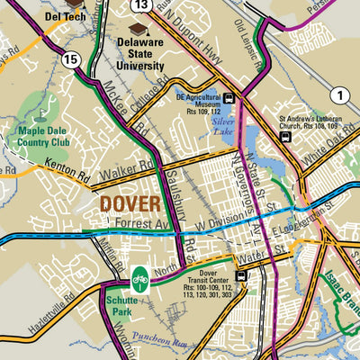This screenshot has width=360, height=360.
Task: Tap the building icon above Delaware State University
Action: click(x=139, y=29)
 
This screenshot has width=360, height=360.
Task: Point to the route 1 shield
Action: click(x=337, y=95)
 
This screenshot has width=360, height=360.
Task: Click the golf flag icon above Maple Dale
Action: click(x=43, y=115)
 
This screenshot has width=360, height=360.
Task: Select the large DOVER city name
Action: click(x=130, y=203)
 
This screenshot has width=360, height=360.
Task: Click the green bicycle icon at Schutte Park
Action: click(x=139, y=280)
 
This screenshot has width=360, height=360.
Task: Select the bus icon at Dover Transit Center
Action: click(x=240, y=276)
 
